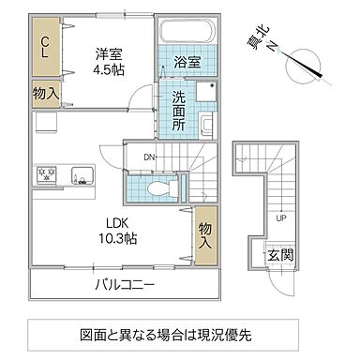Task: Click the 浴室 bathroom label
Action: coord(186,64)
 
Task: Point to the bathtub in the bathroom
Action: coord(187,33)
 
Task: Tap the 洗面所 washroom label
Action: coord(179,109)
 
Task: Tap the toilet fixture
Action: coord(158,188)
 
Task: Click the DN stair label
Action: coord(149,157)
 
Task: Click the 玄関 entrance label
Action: coord(279,254)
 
